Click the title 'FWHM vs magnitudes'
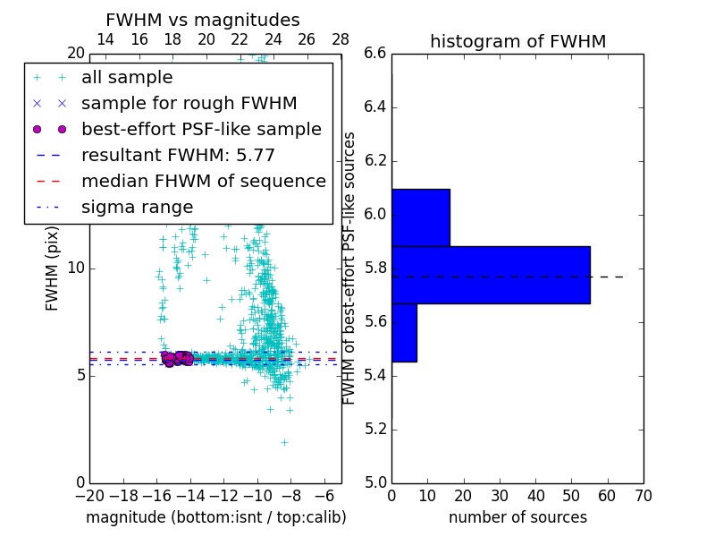202,21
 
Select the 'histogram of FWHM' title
517,41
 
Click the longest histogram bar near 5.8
490,275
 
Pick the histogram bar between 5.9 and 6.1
420,217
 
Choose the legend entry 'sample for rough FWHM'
189,103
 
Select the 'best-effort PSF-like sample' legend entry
201,129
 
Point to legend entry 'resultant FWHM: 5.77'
178,155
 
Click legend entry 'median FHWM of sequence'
203,181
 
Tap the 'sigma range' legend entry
137,207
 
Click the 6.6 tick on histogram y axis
375,54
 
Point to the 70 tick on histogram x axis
643,495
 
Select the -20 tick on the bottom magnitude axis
89,495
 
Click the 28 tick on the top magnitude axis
341,39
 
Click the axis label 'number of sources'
517,517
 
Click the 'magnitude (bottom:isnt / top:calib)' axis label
215,517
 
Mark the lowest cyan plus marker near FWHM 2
284,442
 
